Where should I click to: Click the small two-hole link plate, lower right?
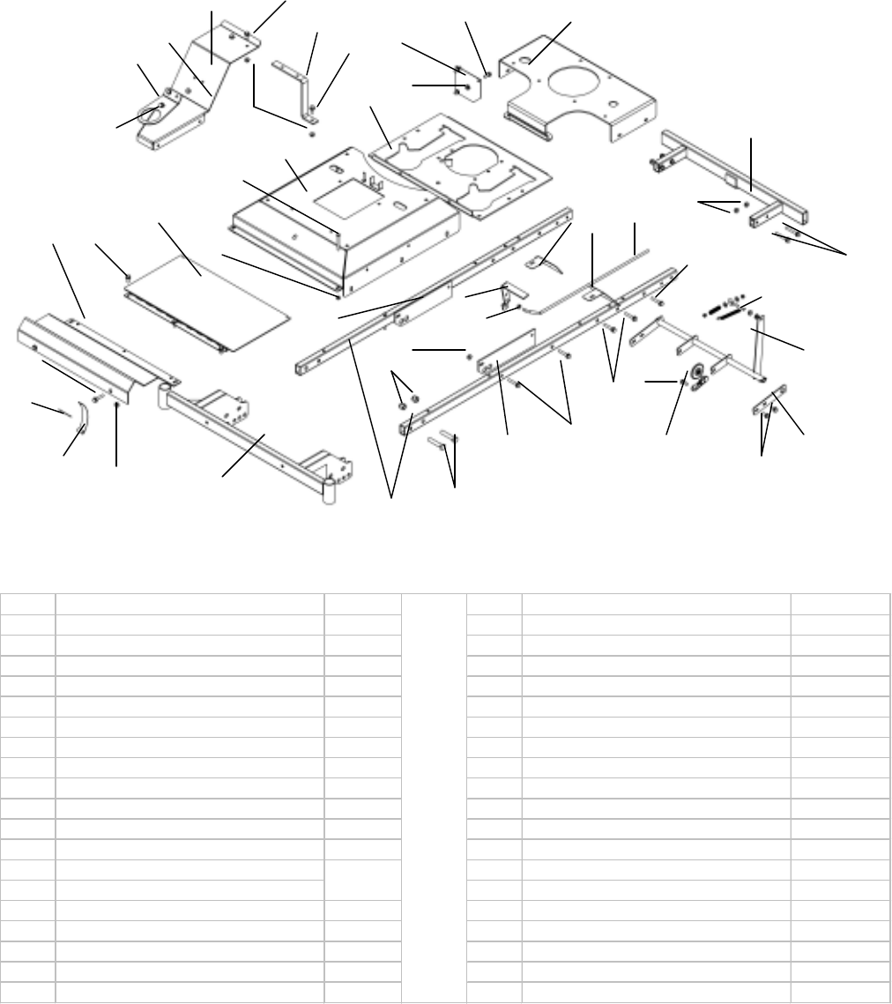pyautogui.click(x=768, y=403)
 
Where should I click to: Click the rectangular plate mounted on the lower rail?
pyautogui.click(x=509, y=350)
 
